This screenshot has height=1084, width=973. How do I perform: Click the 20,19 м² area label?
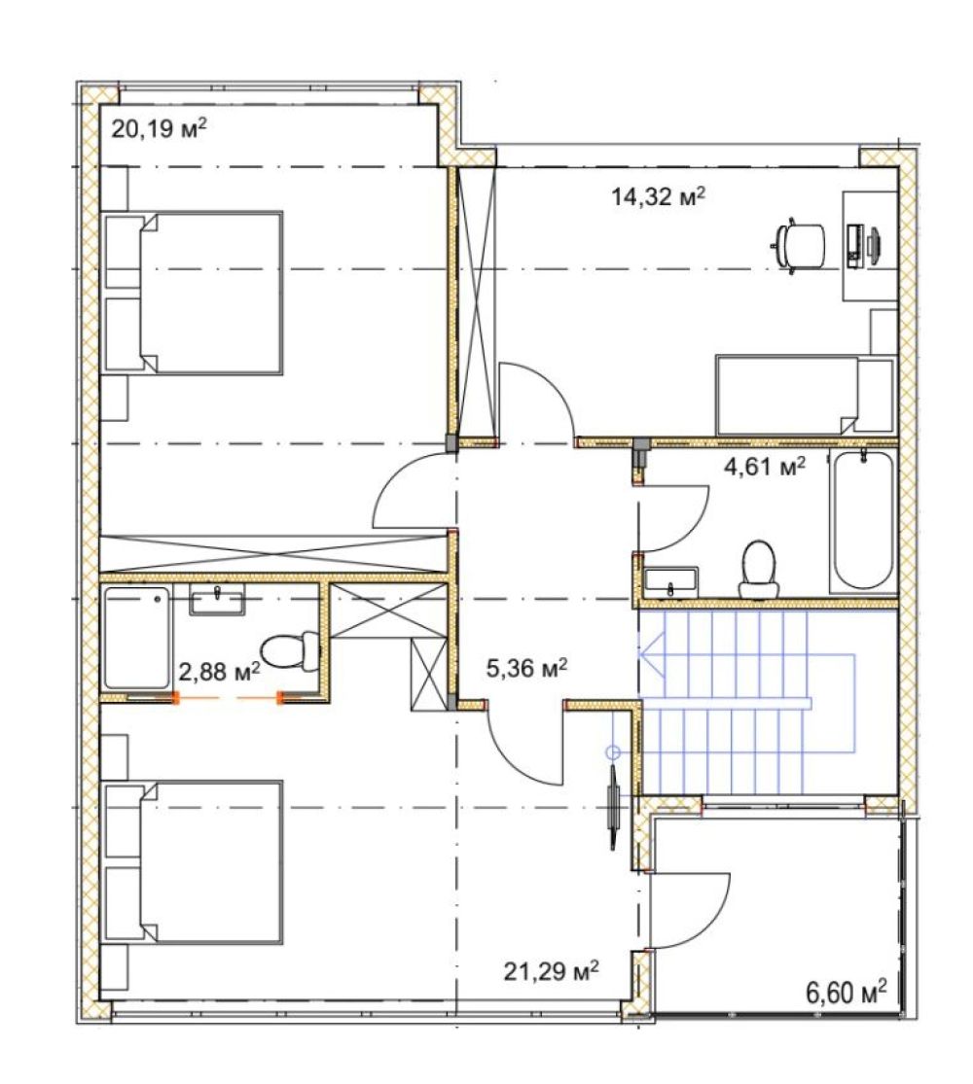pyautogui.click(x=160, y=128)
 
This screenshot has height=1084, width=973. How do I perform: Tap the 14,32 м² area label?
pyautogui.click(x=658, y=197)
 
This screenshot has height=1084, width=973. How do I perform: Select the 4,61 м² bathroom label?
pyautogui.click(x=765, y=467)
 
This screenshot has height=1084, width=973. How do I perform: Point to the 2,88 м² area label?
pyautogui.click(x=219, y=671)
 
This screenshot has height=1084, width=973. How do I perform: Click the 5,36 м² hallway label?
pyautogui.click(x=527, y=668)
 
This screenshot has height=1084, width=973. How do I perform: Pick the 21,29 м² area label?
pyautogui.click(x=551, y=971)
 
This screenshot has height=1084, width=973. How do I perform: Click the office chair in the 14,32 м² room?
pyautogui.click(x=798, y=245)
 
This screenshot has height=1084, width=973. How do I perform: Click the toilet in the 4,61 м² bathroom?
pyautogui.click(x=759, y=569)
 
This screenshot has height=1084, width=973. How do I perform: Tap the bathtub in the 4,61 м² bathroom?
pyautogui.click(x=862, y=519)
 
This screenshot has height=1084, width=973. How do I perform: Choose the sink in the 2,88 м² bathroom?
pyautogui.click(x=217, y=599)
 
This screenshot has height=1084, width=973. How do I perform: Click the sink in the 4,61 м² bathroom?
pyautogui.click(x=669, y=580)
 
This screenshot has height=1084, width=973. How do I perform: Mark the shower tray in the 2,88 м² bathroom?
pyautogui.click(x=136, y=638)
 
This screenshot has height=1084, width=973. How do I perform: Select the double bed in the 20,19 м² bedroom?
pyautogui.click(x=193, y=294)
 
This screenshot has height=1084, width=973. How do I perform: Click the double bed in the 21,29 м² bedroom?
pyautogui.click(x=193, y=862)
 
